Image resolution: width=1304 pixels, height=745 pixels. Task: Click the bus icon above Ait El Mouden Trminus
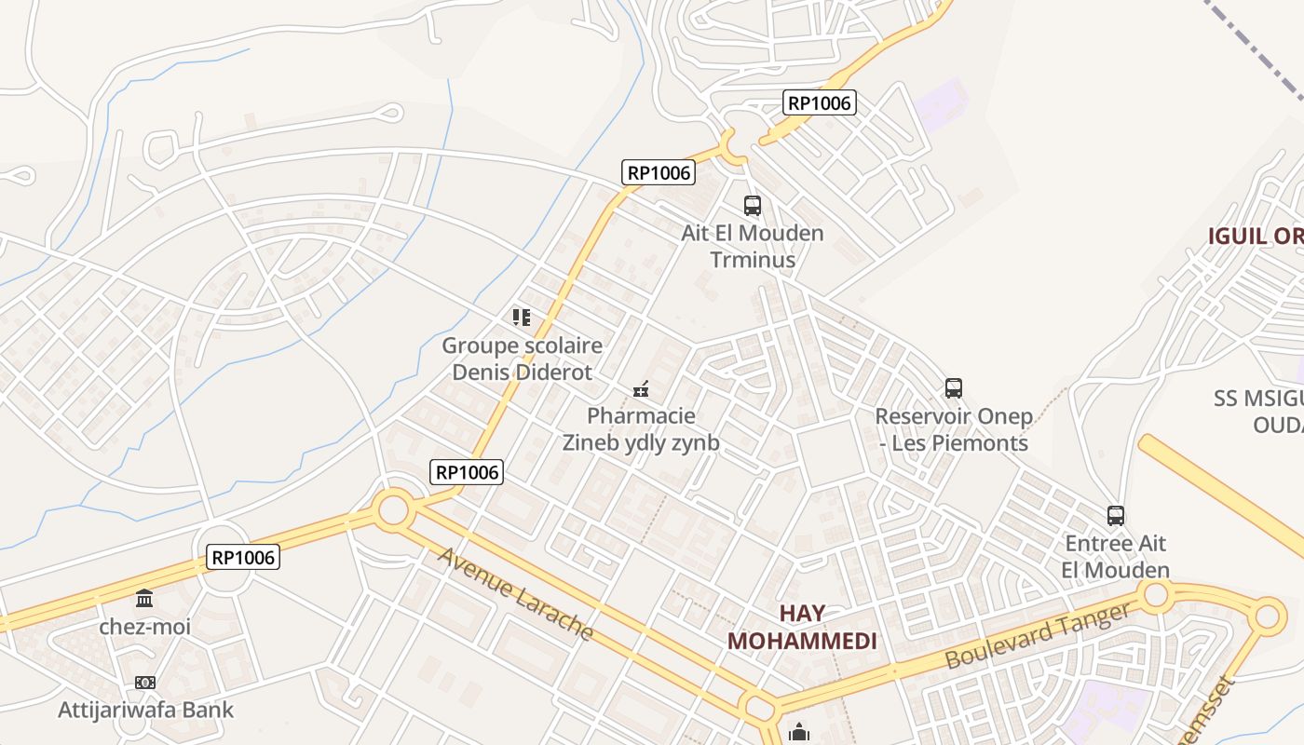752,206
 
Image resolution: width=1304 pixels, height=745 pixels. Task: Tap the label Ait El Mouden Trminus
753,246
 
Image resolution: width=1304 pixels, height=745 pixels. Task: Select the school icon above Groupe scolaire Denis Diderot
522,318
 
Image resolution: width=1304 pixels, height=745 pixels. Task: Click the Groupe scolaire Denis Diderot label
522,359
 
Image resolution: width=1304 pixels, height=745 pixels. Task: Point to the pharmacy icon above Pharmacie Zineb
641,388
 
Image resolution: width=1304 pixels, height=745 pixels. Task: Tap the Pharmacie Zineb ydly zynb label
641,429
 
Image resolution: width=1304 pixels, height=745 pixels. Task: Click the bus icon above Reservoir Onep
953,388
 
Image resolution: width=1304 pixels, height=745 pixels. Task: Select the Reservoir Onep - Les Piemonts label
954,429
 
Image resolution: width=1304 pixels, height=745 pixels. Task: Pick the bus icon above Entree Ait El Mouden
1115,515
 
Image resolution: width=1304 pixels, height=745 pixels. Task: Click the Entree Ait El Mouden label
1115,556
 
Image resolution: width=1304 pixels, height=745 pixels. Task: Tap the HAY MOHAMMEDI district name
802,627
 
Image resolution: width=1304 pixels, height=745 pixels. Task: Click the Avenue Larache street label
515,594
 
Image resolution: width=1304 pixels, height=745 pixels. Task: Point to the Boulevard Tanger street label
1039,635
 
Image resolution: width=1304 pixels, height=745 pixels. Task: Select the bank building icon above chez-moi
144,598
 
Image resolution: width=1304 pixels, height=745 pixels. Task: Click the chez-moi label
144,626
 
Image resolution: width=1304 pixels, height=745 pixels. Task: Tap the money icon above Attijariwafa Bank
144,683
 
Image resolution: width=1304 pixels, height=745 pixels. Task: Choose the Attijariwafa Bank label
145,710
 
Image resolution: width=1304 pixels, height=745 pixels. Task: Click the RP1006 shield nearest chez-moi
242,558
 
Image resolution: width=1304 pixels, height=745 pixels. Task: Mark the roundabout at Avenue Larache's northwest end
394,510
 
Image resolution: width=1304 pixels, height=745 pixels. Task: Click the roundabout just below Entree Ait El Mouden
1156,594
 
